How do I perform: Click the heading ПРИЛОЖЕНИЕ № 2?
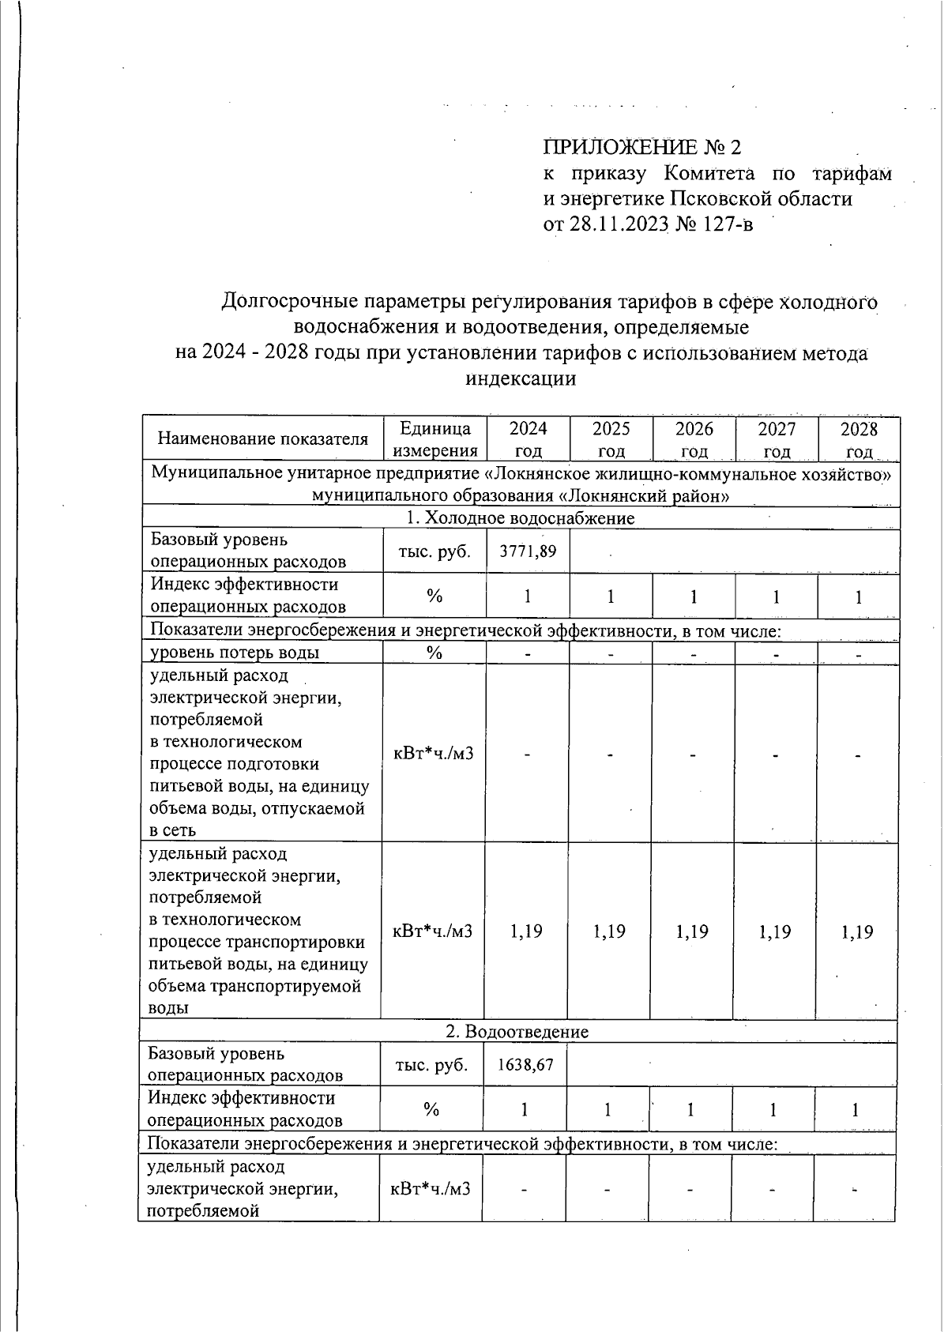pos(642,148)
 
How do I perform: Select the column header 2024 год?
pos(528,439)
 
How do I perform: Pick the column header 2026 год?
pos(694,439)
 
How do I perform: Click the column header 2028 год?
pos(859,439)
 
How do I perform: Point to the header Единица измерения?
pos(435,439)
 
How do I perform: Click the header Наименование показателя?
pos(263,439)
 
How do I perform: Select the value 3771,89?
pos(528,551)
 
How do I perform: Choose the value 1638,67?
pos(525,1065)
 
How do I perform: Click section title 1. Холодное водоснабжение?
pos(520,518)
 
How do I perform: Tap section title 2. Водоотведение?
pos(517,1032)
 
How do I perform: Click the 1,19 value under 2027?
pos(775,931)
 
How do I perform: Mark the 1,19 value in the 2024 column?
pos(526,931)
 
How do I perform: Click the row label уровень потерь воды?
pos(235,653)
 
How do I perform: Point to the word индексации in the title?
pos(521,378)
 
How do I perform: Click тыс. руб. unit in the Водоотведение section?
pos(431,1065)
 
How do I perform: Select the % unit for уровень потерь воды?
pos(434,653)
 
